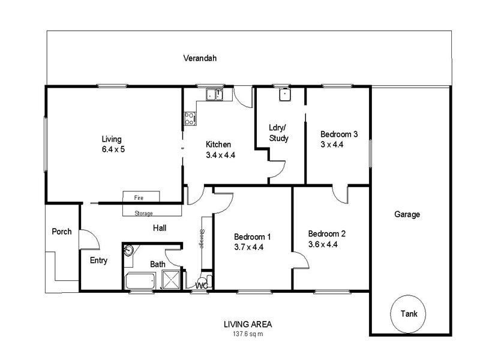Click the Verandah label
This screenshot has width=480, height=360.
[x=200, y=59]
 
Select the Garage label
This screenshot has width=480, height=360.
[x=407, y=214]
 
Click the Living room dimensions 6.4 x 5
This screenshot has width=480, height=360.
[x=113, y=149]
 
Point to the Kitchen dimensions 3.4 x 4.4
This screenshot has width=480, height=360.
[x=220, y=155]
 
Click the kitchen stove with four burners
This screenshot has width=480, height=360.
[x=190, y=118]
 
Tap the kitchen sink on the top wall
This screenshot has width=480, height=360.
[x=214, y=94]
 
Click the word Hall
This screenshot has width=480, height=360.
[x=160, y=228]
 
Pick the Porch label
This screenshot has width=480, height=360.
[x=62, y=232]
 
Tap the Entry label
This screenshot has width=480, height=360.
[x=98, y=260]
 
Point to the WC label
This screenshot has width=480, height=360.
[x=202, y=286]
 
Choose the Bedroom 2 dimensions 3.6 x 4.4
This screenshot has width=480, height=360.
[x=327, y=244]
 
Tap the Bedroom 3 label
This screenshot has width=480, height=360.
[x=339, y=134]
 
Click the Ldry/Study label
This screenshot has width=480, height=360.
[x=278, y=133]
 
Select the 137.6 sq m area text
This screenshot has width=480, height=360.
[x=244, y=333]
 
